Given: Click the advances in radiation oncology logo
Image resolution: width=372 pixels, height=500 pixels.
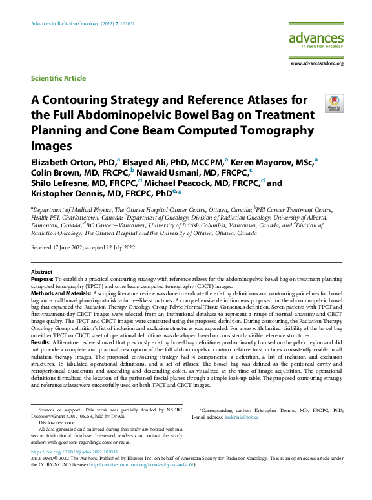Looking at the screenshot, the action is [x=316, y=43].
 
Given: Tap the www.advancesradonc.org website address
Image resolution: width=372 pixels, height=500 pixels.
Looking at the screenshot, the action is [x=317, y=63].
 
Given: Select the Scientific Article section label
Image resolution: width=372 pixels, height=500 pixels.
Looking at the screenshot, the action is [x=58, y=78].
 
